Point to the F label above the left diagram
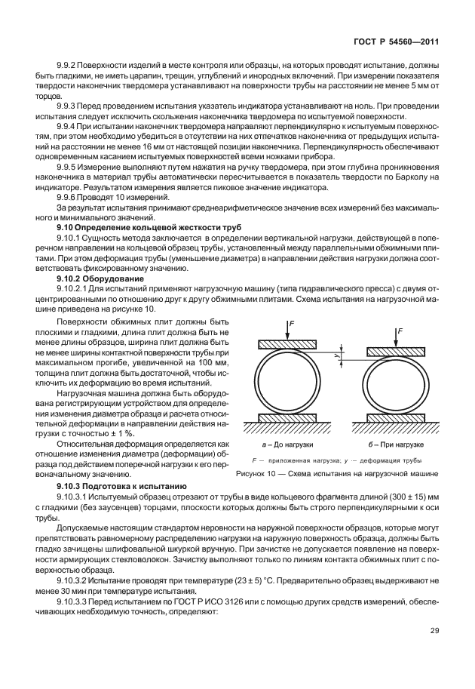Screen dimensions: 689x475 pyautogui.click(x=290, y=321)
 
